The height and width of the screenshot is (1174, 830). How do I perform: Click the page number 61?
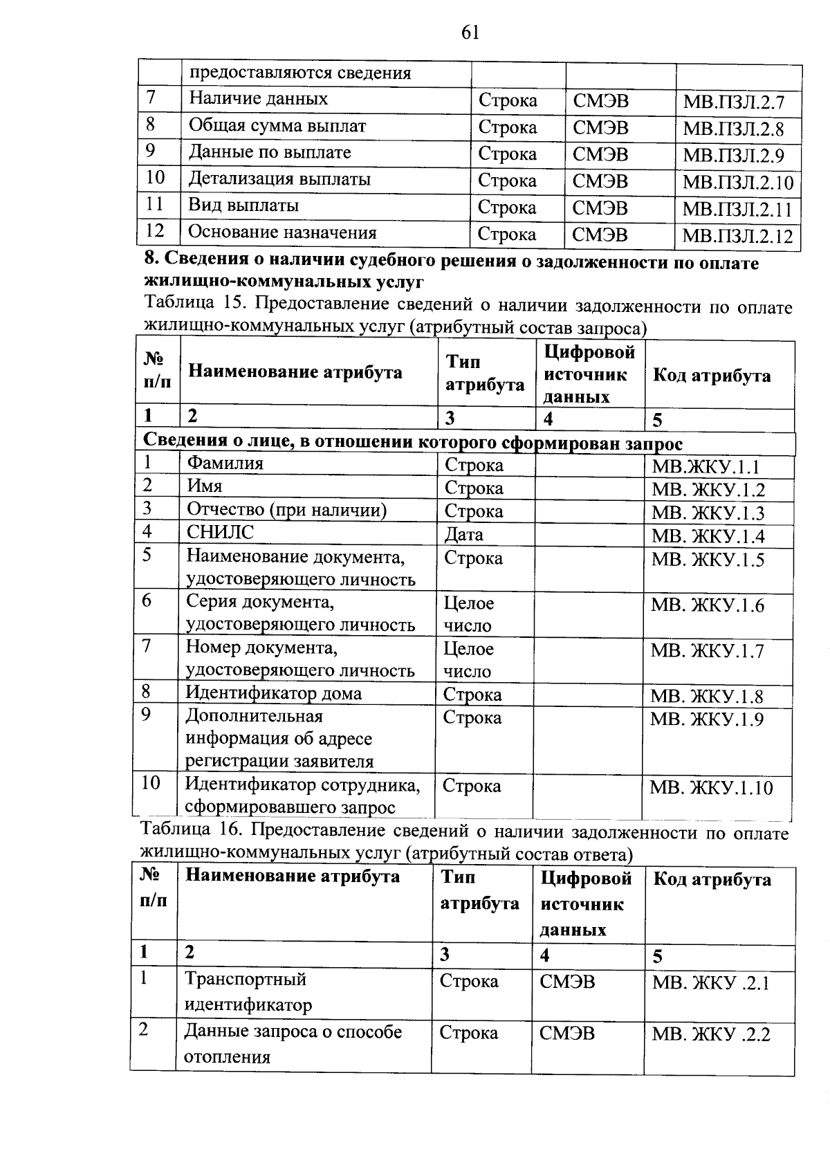[469, 33]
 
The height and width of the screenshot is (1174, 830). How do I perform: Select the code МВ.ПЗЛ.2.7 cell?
[733, 103]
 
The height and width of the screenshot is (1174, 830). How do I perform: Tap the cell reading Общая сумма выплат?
[277, 126]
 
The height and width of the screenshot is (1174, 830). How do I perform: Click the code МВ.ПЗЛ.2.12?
[737, 236]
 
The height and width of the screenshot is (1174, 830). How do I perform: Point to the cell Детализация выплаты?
[279, 179]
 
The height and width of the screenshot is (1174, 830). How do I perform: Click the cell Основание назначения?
[282, 232]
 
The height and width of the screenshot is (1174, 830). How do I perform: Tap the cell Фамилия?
[225, 464]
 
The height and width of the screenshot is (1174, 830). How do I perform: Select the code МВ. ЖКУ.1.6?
[707, 606]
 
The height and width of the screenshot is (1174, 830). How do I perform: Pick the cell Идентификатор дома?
[273, 693]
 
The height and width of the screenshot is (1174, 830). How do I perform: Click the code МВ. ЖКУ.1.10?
[711, 788]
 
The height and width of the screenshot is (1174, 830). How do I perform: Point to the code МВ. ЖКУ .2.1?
[711, 983]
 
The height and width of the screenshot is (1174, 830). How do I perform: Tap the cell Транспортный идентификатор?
[247, 991]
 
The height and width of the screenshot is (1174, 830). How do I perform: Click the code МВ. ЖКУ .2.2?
[711, 1035]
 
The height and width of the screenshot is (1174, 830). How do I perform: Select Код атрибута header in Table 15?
[711, 376]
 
